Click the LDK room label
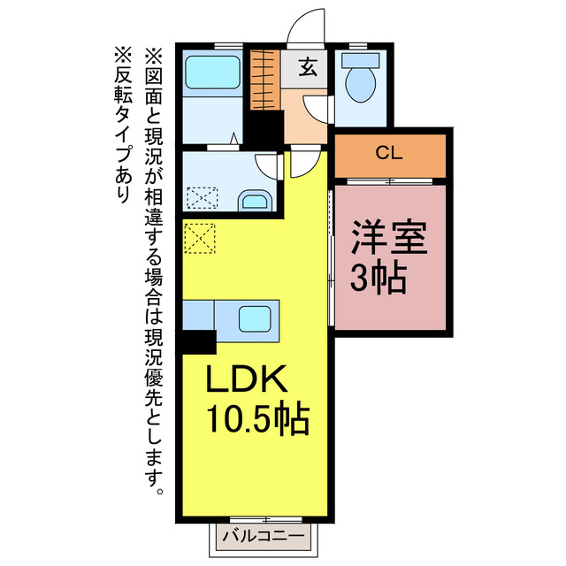247,380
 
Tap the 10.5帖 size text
258,417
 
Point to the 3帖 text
378,279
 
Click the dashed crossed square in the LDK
200,237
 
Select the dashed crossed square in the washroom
202,196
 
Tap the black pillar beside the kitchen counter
199,340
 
